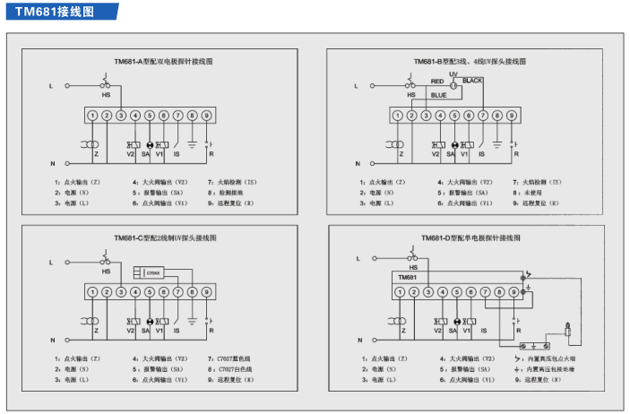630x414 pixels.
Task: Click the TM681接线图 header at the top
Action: [53, 11]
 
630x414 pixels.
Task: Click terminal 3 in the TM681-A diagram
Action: [121, 116]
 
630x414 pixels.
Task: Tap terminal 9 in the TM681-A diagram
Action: [206, 116]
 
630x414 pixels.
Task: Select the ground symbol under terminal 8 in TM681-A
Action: [191, 144]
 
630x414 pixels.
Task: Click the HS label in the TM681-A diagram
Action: [107, 95]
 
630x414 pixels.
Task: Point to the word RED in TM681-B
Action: [437, 82]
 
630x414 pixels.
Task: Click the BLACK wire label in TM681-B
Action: [473, 82]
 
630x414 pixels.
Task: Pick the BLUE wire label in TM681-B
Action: [438, 94]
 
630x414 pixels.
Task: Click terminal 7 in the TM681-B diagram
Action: [482, 116]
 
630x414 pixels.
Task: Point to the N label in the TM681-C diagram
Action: [53, 341]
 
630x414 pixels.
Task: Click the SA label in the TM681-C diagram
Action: [146, 332]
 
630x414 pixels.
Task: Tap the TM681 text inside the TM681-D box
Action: [409, 278]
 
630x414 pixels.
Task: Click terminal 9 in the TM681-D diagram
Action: [513, 292]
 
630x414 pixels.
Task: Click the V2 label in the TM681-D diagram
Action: [437, 332]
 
